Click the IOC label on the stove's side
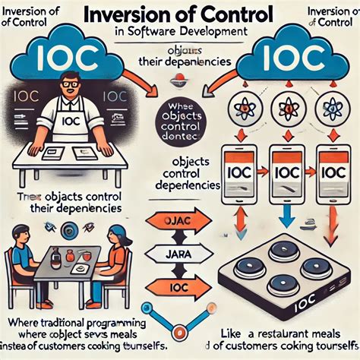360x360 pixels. tap(304, 307)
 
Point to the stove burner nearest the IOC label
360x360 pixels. tap(317, 267)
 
